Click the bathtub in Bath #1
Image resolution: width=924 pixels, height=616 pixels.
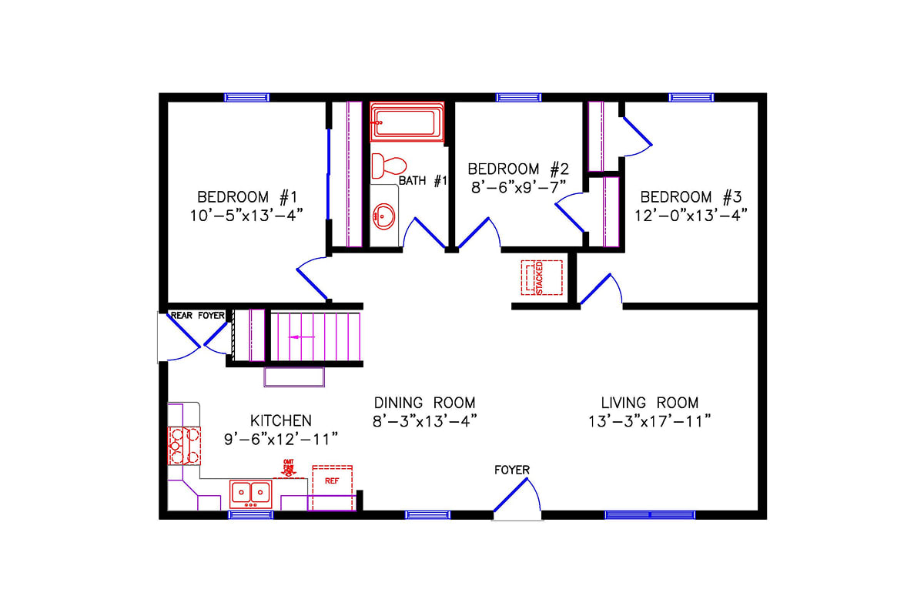(407, 122)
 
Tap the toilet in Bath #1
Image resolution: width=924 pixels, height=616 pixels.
(389, 165)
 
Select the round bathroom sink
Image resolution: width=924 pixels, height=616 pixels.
(383, 217)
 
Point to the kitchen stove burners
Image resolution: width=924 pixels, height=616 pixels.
(184, 445)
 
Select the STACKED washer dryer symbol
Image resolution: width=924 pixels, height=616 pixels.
(542, 277)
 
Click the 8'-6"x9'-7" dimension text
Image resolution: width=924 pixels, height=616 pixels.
(519, 186)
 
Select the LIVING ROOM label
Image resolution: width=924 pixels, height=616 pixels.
(650, 403)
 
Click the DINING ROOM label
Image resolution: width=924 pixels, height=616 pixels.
(424, 403)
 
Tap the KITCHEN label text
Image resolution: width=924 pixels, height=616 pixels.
(281, 420)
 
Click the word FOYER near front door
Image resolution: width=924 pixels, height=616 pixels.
(512, 470)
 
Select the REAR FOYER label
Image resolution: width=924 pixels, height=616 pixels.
(197, 315)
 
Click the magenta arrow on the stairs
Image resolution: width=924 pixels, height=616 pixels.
(302, 336)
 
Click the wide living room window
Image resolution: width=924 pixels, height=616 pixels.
(650, 514)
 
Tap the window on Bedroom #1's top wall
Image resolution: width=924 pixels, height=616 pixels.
(246, 97)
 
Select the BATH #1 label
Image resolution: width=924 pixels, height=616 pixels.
(423, 181)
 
